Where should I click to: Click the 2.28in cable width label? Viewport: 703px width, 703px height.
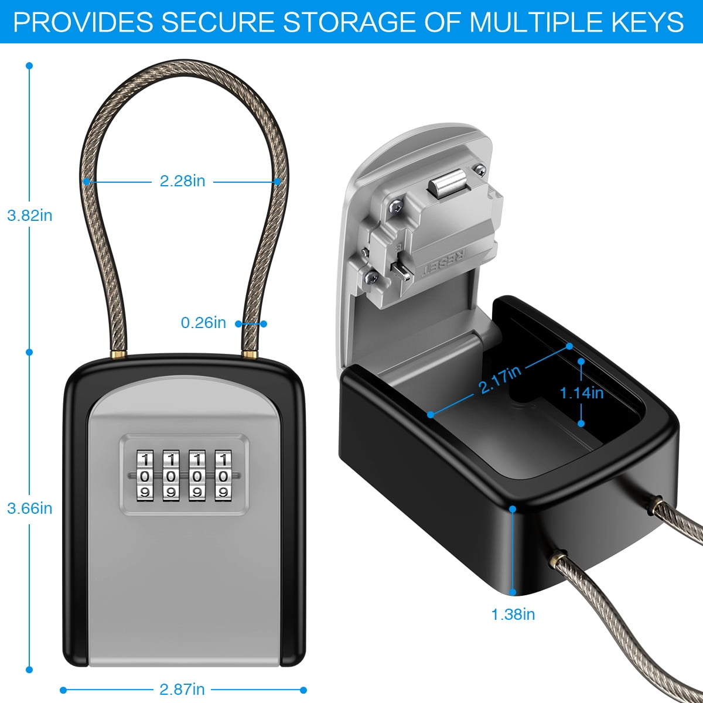[182, 181]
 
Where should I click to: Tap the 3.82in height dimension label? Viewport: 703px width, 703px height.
[30, 216]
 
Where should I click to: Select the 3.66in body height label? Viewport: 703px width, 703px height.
[30, 508]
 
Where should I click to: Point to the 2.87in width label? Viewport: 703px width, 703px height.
[182, 690]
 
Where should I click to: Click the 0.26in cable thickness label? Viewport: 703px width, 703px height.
[203, 322]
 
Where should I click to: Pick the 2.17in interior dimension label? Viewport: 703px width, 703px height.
[500, 380]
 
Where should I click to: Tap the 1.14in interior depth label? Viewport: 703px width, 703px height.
[582, 393]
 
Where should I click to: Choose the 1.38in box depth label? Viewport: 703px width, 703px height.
[513, 615]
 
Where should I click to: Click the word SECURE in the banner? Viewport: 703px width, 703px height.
[217, 22]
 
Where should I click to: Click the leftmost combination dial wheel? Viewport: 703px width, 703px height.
[145, 475]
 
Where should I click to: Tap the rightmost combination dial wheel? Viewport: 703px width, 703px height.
[223, 475]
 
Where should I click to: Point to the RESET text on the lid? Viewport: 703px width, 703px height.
[443, 264]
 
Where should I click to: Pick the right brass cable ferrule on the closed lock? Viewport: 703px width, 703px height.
[250, 354]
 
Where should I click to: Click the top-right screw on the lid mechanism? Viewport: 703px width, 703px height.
[480, 169]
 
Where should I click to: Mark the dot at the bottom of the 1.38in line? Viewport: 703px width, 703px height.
[513, 592]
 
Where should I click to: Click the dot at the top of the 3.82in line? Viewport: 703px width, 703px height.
[29, 66]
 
